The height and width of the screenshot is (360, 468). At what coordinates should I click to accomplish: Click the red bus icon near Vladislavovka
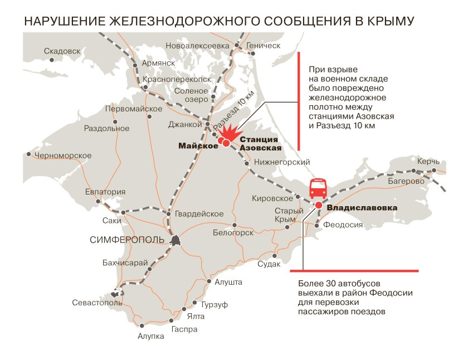(318, 189)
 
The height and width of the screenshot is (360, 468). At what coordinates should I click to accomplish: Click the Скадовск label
(62, 51)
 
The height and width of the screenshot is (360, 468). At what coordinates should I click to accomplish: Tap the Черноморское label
(62, 155)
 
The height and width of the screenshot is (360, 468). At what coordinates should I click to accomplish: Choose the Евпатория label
(105, 192)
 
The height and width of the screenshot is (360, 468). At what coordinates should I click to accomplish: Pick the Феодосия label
(343, 225)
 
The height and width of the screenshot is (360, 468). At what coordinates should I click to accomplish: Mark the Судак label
(269, 264)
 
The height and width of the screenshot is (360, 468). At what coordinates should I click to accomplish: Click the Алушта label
(228, 283)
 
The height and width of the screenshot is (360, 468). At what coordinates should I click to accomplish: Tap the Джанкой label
(184, 124)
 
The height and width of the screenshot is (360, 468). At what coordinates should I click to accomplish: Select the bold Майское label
(198, 145)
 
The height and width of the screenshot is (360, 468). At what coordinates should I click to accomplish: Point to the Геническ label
(263, 46)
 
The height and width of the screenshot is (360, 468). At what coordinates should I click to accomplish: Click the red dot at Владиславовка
(318, 206)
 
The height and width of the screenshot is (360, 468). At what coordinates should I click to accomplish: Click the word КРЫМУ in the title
(385, 22)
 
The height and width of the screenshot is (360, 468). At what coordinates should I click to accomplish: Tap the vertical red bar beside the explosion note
(300, 101)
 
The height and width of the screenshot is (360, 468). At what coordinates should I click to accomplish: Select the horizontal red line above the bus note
(354, 271)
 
